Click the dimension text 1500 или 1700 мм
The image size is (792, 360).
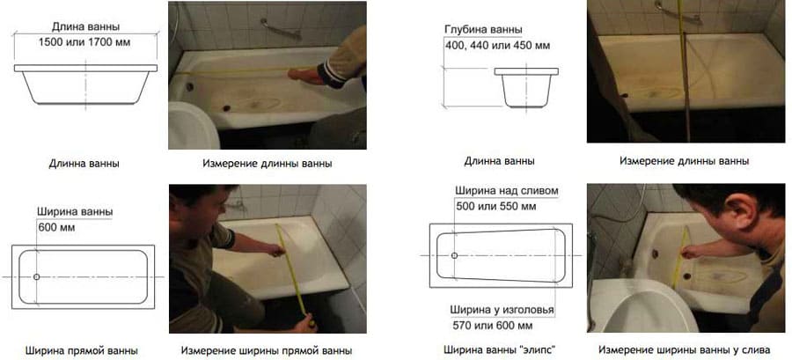click(x=84, y=42)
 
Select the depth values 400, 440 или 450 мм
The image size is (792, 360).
click(x=497, y=46)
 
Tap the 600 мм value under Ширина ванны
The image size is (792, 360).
click(x=56, y=228)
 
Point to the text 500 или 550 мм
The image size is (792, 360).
click(x=496, y=207)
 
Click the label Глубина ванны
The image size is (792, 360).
click(x=483, y=30)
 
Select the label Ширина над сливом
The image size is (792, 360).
click(x=507, y=191)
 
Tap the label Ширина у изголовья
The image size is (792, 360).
click(x=502, y=310)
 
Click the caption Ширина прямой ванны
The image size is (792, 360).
click(x=81, y=350)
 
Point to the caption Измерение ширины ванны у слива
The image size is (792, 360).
click(x=685, y=350)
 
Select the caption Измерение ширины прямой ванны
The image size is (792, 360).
click(x=267, y=350)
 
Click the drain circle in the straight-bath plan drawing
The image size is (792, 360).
click(x=36, y=276)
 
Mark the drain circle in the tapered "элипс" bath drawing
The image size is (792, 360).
click(x=454, y=255)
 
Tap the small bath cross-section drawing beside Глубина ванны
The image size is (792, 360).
click(x=526, y=87)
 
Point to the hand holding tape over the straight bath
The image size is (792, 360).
click(x=277, y=250)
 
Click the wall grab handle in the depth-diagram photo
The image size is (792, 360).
click(x=678, y=13)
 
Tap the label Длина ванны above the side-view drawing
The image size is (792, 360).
click(x=86, y=27)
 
